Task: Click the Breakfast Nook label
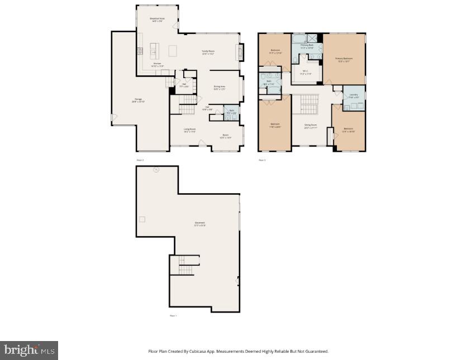tap(157, 20)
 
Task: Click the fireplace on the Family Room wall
tap(241, 52)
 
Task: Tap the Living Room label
tap(189, 131)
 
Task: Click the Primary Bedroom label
tap(344, 59)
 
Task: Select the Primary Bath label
tap(307, 46)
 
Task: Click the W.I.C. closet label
tap(305, 72)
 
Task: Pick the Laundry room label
tap(353, 95)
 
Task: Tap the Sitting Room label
tap(311, 126)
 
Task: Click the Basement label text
tap(199, 224)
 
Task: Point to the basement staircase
tap(185, 266)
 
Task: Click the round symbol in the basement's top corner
tap(156, 169)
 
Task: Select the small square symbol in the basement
tap(142, 219)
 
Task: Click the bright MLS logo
tap(29, 350)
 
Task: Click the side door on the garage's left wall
tap(113, 118)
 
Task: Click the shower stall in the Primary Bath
tap(315, 39)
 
